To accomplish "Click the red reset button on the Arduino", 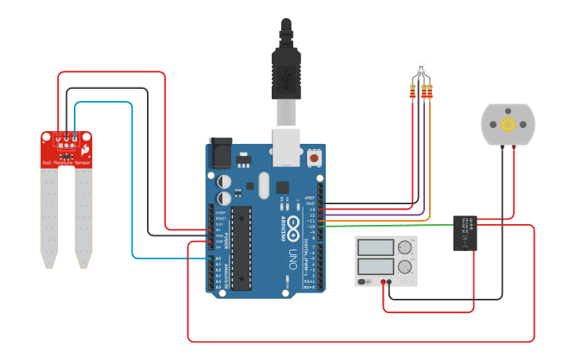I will tap(315, 158).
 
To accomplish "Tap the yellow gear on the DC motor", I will tap(508, 124).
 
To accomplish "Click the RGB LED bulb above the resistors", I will tap(419, 69).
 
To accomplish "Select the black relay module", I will tap(466, 233).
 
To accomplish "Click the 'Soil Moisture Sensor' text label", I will tap(67, 163).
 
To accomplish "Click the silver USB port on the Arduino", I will tap(286, 147).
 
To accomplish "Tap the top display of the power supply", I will tap(376, 247).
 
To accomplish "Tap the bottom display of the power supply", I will tap(376, 266).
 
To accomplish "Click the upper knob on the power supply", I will tap(405, 247).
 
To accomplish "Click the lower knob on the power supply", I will tap(405, 266).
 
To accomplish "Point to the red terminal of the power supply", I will tap(384, 281).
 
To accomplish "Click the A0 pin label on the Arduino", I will tap(218, 258).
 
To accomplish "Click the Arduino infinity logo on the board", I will tap(293, 225).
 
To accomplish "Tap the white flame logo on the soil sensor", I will tap(84, 147).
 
